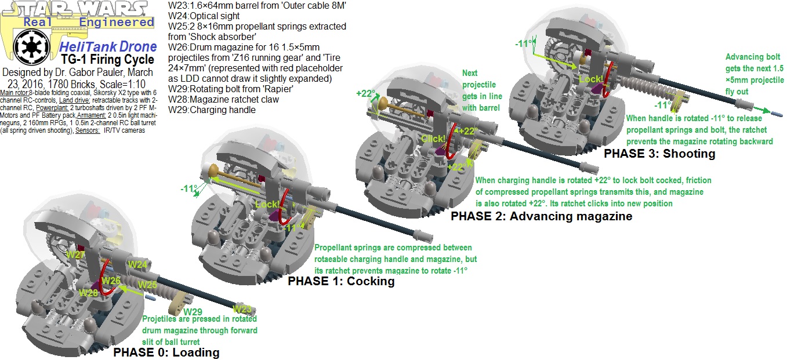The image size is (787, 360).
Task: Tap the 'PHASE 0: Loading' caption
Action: tap(166, 352)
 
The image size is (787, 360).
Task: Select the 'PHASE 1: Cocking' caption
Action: tap(341, 281)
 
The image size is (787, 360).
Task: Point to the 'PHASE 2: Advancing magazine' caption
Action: tap(541, 216)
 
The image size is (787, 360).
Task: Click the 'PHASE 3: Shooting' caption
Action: tap(659, 154)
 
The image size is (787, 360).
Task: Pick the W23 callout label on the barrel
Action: tap(242, 309)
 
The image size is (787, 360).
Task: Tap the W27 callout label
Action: tap(76, 254)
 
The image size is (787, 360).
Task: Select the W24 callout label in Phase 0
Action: tap(137, 264)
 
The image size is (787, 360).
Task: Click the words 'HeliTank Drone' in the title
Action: tap(108, 47)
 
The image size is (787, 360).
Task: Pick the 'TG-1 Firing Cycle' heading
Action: tap(108, 60)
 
